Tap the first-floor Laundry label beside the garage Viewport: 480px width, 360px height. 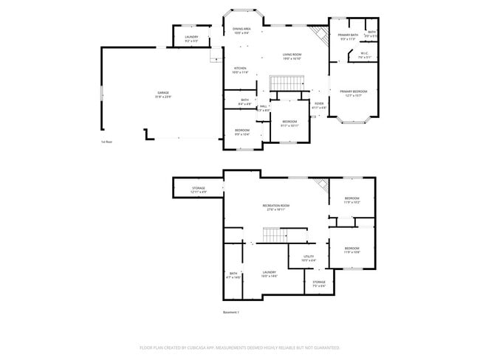click(191, 38)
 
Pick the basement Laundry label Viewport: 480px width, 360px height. click(270, 274)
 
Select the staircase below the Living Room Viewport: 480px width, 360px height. click(281, 83)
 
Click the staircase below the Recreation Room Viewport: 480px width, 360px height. click(275, 235)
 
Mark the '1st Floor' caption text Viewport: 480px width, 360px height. click(108, 142)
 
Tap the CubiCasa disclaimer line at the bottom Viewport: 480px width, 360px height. click(239, 347)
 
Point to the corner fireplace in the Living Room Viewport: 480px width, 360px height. click(319, 33)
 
